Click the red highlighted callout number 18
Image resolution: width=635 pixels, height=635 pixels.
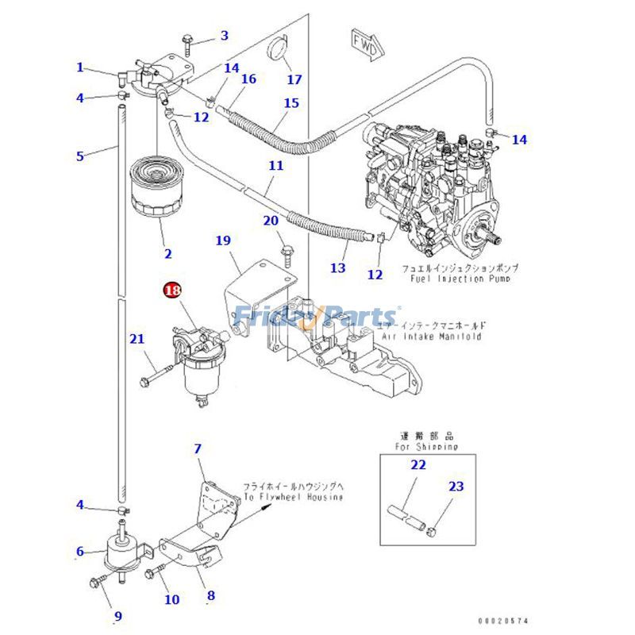pos(172,291)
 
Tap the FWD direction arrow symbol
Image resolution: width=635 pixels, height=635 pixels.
pos(364,40)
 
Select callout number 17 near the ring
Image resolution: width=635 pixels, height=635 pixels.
pos(294,79)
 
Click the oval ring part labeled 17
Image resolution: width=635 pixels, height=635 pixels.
pos(275,47)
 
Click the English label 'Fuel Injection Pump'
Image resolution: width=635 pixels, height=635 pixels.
pos(456,279)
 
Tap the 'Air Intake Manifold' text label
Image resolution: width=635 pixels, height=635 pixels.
pos(431,337)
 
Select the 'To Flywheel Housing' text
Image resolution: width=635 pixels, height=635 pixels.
pos(293,497)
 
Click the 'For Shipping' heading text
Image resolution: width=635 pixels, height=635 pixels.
pos(426,447)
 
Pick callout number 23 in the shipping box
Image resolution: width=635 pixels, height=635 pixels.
pos(456,487)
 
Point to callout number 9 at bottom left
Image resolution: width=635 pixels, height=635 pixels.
pos(117,615)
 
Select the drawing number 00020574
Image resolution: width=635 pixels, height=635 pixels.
pos(502,621)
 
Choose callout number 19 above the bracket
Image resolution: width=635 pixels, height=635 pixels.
pos(222,239)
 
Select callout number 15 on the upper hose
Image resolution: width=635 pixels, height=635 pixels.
pos(291,103)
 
